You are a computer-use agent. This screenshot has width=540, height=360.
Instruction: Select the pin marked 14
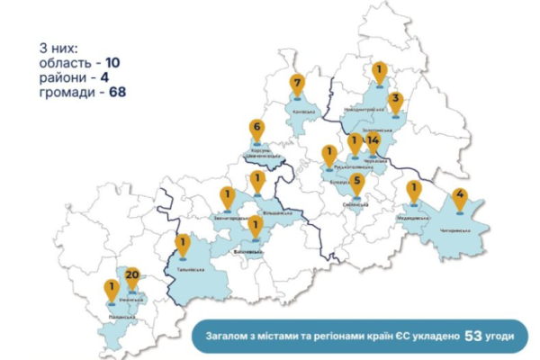(373, 141)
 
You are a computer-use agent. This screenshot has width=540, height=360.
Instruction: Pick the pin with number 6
(257, 130)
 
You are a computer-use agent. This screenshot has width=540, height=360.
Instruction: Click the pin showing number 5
(357, 184)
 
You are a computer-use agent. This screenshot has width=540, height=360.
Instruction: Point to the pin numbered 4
(460, 196)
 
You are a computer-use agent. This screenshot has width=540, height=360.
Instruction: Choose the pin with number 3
(394, 102)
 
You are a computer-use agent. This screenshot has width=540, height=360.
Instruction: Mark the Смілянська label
(356, 204)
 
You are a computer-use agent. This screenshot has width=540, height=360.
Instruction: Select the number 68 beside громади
(117, 92)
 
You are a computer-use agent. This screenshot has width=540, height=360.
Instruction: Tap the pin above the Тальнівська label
(183, 243)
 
